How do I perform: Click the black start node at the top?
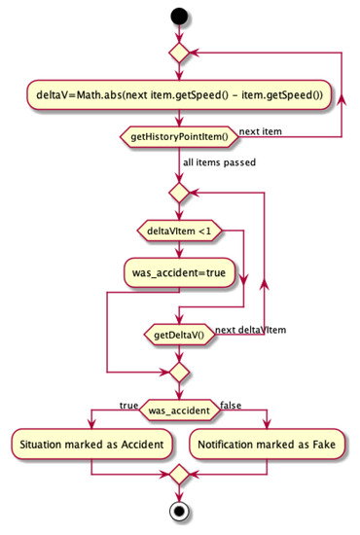178,18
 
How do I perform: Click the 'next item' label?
263,130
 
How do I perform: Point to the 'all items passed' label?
219,162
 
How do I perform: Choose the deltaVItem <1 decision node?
178,231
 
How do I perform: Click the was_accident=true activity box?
178,273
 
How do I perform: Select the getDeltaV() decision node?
178,335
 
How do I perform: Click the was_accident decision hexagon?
178,409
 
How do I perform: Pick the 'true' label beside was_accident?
128,403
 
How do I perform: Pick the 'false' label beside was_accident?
231,403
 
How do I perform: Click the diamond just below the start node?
178,52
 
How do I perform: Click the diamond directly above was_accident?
178,371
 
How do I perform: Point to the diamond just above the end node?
178,477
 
